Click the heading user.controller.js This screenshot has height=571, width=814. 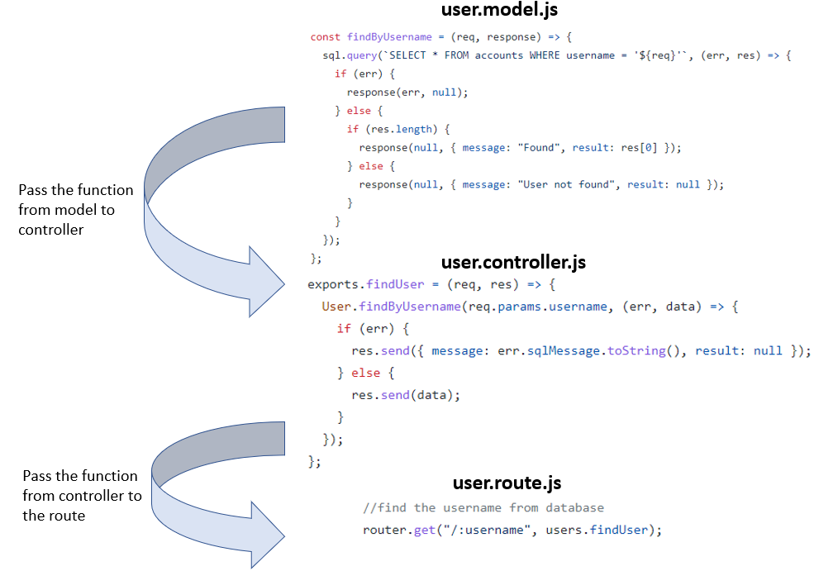(513, 262)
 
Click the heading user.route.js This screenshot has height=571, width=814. (512, 483)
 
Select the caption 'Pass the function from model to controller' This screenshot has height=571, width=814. (66, 210)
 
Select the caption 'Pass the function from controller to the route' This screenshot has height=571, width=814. (80, 496)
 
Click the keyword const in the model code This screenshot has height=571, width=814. (326, 37)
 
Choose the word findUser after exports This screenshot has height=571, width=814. (394, 285)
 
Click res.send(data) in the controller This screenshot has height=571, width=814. (405, 395)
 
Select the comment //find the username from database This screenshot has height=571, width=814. (483, 507)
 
